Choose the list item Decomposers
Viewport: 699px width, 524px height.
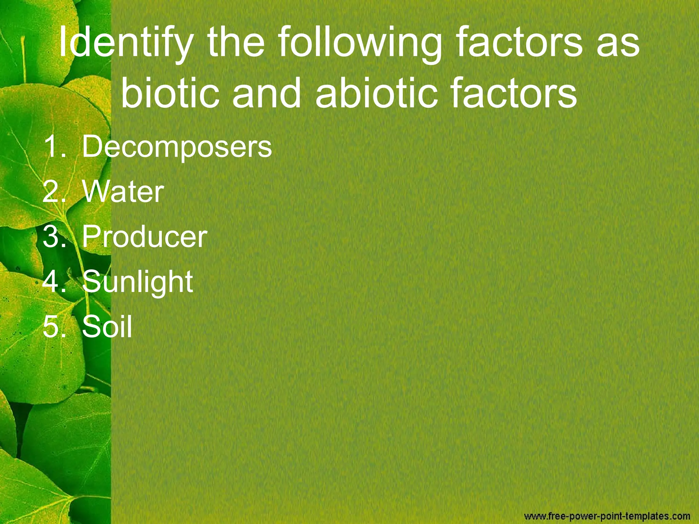(x=177, y=147)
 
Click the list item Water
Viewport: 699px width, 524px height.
(x=123, y=192)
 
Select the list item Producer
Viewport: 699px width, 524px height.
(x=144, y=237)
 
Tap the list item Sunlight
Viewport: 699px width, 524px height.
(x=137, y=282)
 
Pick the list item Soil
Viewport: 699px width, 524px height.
(x=107, y=326)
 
